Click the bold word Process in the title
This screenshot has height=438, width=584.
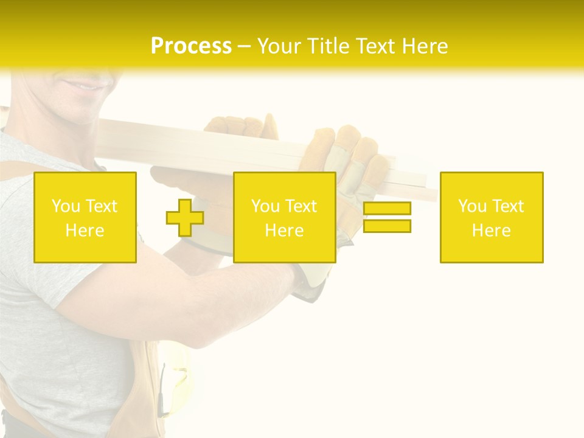(x=191, y=46)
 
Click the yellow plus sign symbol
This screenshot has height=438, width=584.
(x=185, y=218)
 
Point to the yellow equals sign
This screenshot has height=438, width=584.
(x=387, y=217)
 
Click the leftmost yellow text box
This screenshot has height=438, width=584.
(x=85, y=218)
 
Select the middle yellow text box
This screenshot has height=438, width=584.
(x=284, y=218)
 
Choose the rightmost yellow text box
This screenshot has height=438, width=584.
(x=492, y=218)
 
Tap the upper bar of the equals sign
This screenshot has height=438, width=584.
(x=387, y=209)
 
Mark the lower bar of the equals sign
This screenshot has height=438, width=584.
(x=387, y=226)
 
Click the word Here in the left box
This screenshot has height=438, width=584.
(x=85, y=231)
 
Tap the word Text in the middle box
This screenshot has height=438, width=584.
(x=301, y=206)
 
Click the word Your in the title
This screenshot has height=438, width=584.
(x=280, y=46)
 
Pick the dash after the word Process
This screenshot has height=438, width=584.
(x=245, y=47)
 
